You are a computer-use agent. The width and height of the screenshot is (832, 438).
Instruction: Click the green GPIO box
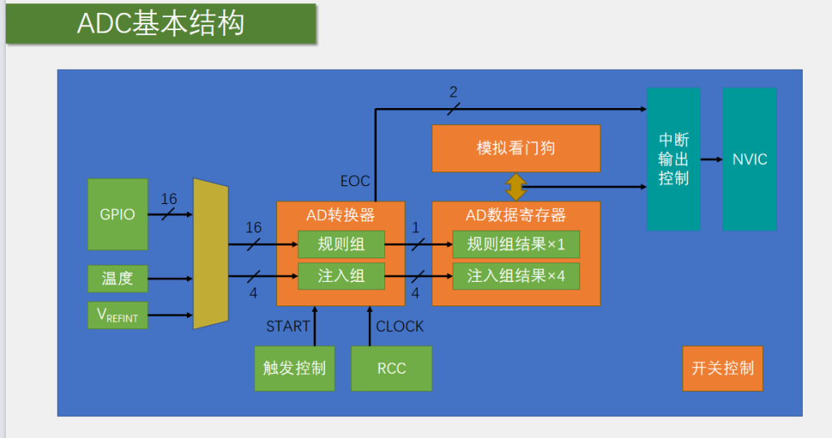point(117,214)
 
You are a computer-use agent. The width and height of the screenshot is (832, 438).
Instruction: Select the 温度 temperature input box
point(117,278)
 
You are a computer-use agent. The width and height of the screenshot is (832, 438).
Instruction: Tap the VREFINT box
point(117,315)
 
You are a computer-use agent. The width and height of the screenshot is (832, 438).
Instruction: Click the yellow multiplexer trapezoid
point(210,254)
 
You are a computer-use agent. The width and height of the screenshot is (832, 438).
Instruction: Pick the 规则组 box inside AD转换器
point(341,245)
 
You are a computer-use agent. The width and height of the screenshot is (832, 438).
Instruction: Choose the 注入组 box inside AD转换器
point(341,276)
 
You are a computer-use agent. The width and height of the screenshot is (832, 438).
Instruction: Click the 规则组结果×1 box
point(516,245)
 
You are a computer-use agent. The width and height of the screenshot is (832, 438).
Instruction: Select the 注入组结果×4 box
point(516,276)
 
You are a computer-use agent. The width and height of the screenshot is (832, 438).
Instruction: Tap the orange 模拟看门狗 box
point(516,148)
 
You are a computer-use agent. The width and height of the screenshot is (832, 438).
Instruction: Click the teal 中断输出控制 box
point(674,158)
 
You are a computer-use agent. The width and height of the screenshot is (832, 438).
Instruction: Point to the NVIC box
point(749,158)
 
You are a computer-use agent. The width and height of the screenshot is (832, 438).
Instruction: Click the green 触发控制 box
point(294,368)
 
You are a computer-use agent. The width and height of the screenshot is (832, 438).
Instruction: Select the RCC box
point(392,368)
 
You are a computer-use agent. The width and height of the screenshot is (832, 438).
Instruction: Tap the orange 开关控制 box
point(722,368)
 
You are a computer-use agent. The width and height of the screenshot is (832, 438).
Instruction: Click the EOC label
point(355,181)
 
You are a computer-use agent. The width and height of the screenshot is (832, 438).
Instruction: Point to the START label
point(288,326)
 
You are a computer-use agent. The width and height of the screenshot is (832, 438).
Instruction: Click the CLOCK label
point(400,326)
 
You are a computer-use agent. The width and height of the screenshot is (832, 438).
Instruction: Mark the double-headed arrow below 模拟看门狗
point(516,187)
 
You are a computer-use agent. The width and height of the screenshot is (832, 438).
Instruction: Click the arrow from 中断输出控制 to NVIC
point(712,159)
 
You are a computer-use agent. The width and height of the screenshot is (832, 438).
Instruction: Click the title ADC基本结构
point(161,24)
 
